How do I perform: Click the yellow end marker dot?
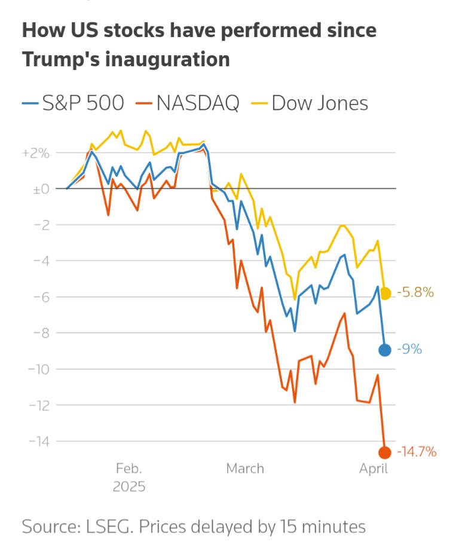click(x=385, y=293)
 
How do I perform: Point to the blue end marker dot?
click(x=385, y=350)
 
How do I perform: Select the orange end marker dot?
click(x=385, y=452)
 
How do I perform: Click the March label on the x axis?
click(x=245, y=469)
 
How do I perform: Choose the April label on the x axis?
click(x=374, y=469)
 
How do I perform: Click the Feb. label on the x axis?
click(x=129, y=469)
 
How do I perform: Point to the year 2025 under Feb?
click(x=129, y=486)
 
